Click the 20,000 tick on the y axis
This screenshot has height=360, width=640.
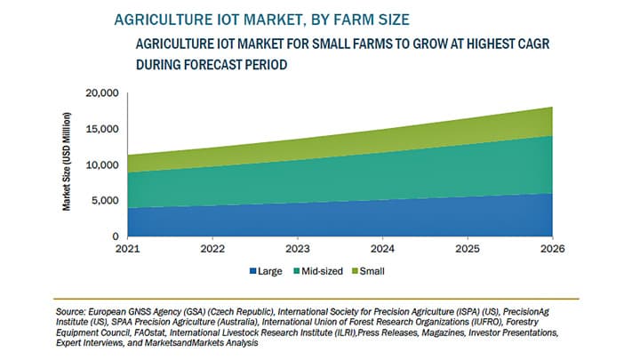click(x=100, y=93)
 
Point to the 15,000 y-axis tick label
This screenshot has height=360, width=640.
click(x=100, y=129)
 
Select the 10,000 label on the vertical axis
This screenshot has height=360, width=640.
click(x=100, y=165)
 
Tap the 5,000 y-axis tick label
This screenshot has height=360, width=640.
click(x=104, y=201)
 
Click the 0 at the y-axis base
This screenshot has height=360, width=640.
click(x=114, y=236)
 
